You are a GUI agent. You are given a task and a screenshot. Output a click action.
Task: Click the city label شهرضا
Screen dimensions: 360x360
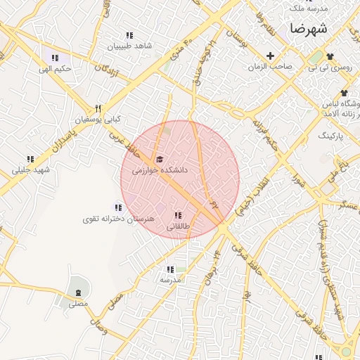click(x=308, y=30)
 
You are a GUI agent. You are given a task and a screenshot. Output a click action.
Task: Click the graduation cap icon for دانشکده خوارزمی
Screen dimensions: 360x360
click(x=160, y=159)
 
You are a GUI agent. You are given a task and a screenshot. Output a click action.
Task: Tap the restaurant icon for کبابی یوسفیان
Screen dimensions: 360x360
click(x=98, y=108)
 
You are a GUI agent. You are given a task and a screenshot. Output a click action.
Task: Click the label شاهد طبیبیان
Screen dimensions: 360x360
click(x=129, y=46)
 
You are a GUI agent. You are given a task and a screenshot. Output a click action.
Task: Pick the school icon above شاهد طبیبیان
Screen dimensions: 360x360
click(x=129, y=35)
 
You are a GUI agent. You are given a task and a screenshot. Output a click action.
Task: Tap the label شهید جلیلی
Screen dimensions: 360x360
click(x=31, y=170)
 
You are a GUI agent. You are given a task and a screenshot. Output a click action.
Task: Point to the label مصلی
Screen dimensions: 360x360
click(x=77, y=304)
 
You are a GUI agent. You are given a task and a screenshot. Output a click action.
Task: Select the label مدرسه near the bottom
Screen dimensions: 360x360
click(x=170, y=280)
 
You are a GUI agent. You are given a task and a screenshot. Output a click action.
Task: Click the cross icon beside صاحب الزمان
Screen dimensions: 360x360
click(x=270, y=56)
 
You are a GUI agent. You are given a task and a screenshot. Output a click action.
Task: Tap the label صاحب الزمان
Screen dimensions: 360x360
click(x=269, y=67)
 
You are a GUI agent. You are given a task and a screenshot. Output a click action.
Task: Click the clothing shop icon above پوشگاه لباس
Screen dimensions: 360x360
click(x=343, y=93)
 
